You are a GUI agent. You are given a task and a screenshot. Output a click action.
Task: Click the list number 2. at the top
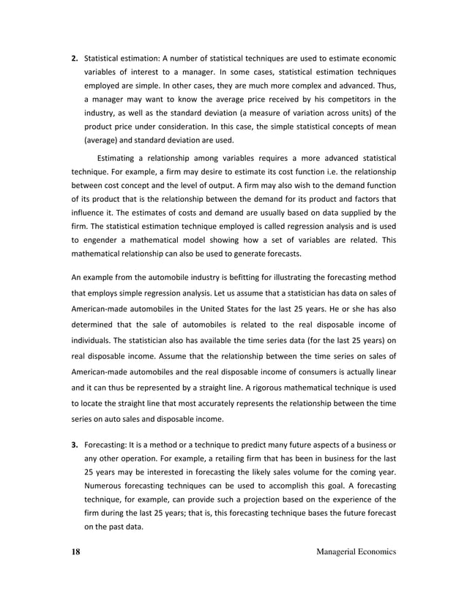point(75,58)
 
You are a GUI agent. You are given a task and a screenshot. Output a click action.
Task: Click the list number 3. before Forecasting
point(75,444)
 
